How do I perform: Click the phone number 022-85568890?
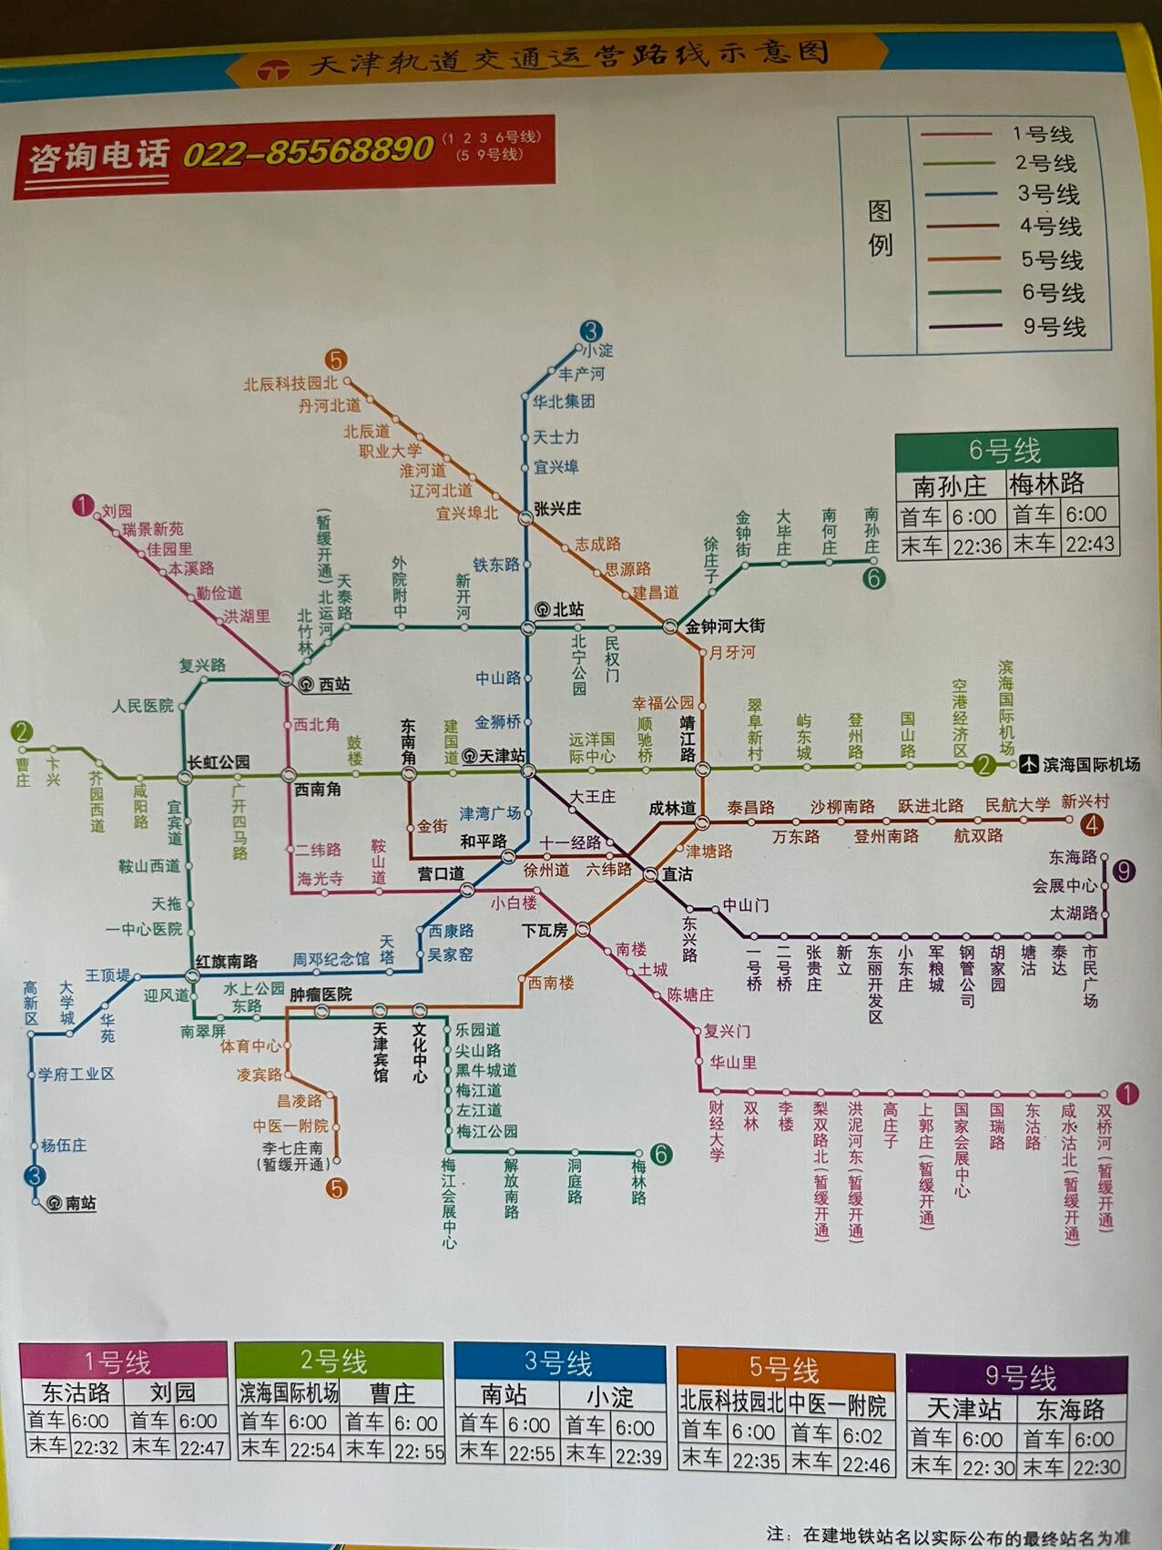point(308,150)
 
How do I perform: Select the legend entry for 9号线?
point(1054,326)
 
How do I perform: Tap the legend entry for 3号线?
point(1048,194)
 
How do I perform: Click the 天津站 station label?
point(502,756)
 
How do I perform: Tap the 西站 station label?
point(333,684)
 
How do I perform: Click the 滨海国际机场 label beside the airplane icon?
point(1091,764)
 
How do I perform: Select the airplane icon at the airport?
point(1028,764)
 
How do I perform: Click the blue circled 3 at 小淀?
point(591,331)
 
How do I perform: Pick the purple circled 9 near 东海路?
point(1124,872)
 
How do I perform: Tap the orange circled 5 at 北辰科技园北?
point(336,361)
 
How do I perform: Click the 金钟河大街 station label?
point(725,627)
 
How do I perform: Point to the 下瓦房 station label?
point(545,930)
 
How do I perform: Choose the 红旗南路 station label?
point(227,961)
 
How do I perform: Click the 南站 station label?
point(80,1203)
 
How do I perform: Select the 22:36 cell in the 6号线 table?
point(976,545)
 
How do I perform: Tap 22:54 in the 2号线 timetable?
point(311,1448)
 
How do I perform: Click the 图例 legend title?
point(880,228)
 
